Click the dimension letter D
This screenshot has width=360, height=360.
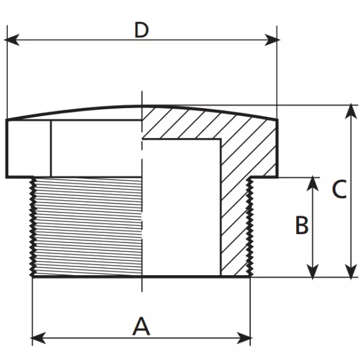pos(141,29)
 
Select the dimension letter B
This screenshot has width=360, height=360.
pos(302,226)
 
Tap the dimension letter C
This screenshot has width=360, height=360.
pos(339,190)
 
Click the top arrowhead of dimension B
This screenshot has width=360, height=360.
pos(312,183)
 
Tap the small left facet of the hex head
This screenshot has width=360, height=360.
pos(28,148)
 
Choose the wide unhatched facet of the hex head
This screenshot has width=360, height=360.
pos(96,148)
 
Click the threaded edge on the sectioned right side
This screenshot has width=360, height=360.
pos(248,227)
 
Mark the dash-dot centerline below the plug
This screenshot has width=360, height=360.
pos(141,284)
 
